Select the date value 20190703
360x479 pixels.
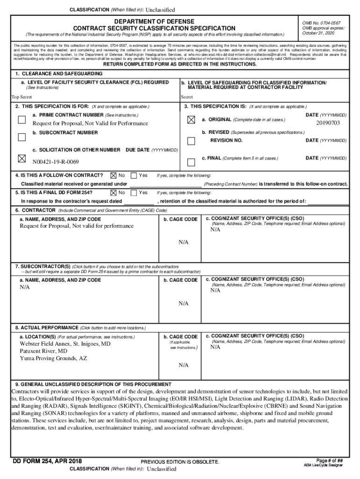(x=328, y=123)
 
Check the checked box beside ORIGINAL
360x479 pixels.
(x=191, y=120)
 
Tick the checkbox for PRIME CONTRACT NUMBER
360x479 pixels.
(x=22, y=119)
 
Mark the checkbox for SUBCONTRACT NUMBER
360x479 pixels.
(x=22, y=137)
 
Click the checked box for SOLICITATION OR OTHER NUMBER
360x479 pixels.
(x=22, y=158)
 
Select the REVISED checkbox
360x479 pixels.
(x=191, y=141)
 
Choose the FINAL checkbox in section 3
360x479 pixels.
(x=191, y=162)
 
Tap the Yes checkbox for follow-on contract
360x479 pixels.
(x=134, y=175)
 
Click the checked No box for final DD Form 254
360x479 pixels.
(x=113, y=192)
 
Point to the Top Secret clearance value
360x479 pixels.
(x=22, y=97)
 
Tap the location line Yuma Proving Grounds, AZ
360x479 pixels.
(x=53, y=358)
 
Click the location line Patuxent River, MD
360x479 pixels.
(x=43, y=351)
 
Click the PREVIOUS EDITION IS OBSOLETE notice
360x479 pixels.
(x=180, y=462)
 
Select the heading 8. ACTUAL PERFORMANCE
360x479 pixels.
(x=46, y=327)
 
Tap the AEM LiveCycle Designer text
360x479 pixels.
(x=323, y=465)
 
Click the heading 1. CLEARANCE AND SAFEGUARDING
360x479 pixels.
(x=59, y=74)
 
